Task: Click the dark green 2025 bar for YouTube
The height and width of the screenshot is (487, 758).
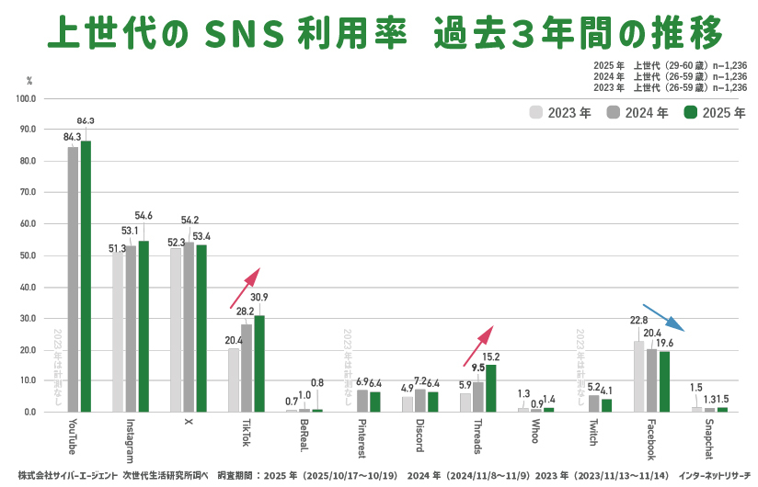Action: [x=86, y=276]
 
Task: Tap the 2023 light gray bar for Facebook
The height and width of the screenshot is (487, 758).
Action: [x=638, y=376]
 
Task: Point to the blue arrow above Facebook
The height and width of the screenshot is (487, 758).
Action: [x=663, y=317]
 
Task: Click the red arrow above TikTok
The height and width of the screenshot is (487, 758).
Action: [x=245, y=288]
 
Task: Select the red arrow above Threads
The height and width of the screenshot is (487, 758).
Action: [x=477, y=345]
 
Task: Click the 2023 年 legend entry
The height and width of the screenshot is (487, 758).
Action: [x=560, y=113]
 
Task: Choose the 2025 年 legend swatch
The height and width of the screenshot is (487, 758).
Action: [x=690, y=113]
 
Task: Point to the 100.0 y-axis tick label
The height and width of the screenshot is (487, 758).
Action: [x=25, y=98]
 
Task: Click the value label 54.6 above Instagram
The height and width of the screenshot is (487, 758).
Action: [x=144, y=216]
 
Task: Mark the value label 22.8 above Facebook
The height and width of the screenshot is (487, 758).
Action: [x=638, y=321]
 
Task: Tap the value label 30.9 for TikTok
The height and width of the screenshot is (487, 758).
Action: [x=259, y=298]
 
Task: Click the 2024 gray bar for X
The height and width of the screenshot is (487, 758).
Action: [x=189, y=327]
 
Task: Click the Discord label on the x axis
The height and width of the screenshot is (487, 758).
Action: [x=419, y=436]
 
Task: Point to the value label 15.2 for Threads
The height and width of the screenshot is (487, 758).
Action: [x=491, y=357]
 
